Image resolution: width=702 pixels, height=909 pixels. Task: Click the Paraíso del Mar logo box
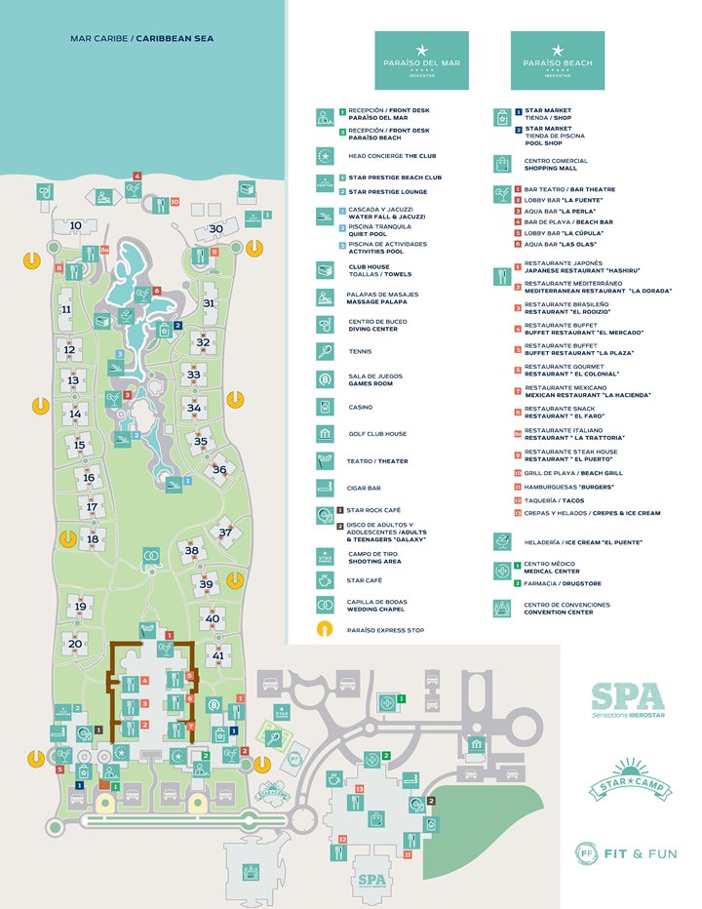(x=421, y=60)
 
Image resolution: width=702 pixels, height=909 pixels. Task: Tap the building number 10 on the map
(x=76, y=225)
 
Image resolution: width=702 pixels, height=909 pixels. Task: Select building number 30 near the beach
(x=217, y=228)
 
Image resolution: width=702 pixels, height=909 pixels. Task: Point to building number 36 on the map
(x=220, y=469)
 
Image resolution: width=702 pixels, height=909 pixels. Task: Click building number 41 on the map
(x=218, y=656)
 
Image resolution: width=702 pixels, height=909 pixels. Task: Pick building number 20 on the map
(x=75, y=644)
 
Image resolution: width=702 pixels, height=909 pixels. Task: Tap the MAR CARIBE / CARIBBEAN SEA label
(x=141, y=39)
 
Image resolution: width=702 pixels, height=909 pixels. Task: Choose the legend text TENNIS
(x=360, y=351)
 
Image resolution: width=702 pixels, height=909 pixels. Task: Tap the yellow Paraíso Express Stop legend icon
(x=325, y=630)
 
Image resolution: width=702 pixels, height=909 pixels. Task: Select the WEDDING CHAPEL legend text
(x=375, y=610)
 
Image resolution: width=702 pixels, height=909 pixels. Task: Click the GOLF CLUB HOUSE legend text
(x=377, y=434)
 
